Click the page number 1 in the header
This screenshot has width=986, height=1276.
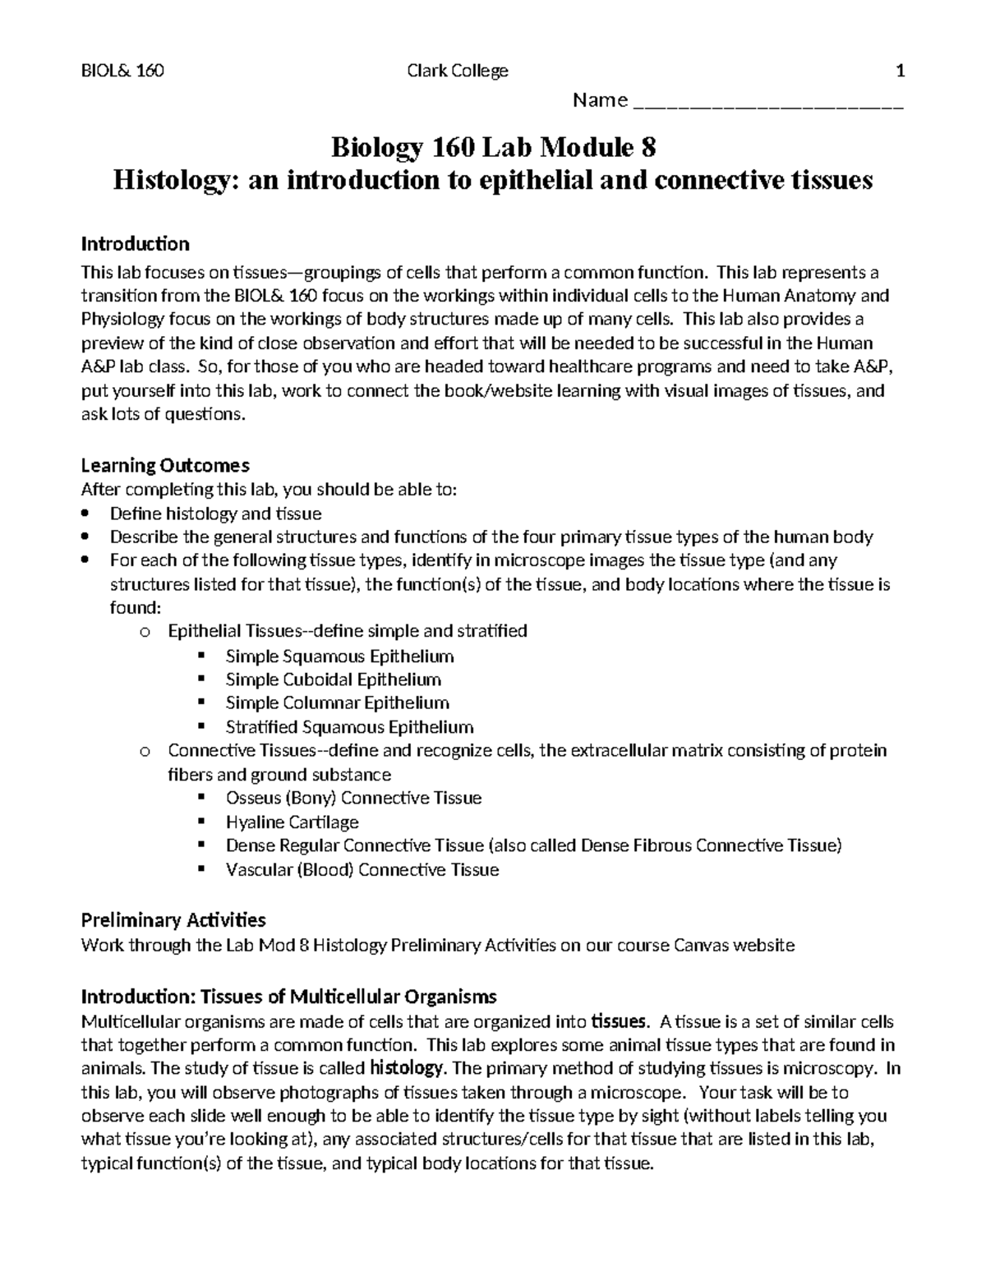[x=901, y=71]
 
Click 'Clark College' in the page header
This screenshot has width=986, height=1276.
[x=458, y=71]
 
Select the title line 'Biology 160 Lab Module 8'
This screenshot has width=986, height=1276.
[x=493, y=149]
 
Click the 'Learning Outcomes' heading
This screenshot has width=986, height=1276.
[x=164, y=465]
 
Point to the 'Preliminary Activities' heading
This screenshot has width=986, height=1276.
[x=173, y=919]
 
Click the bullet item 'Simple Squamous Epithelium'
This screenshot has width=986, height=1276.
[x=339, y=656]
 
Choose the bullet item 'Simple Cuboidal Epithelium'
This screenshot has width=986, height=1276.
[x=333, y=679]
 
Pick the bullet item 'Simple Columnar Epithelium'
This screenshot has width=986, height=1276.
[x=337, y=702]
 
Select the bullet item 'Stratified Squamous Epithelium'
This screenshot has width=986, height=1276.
[x=349, y=726]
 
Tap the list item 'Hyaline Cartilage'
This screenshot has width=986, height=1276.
[x=292, y=822]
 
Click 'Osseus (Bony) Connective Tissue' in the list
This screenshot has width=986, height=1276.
[x=353, y=798]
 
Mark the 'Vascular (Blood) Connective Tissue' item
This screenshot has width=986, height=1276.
[x=362, y=869]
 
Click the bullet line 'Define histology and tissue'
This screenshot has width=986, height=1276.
[x=215, y=514]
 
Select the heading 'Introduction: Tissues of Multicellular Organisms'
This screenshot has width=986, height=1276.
[x=288, y=997]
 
